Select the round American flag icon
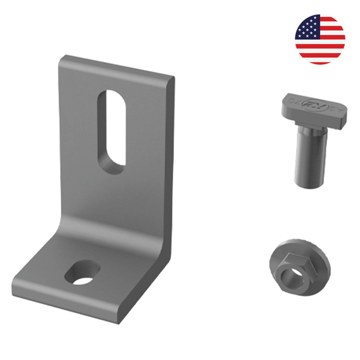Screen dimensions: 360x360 320,39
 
